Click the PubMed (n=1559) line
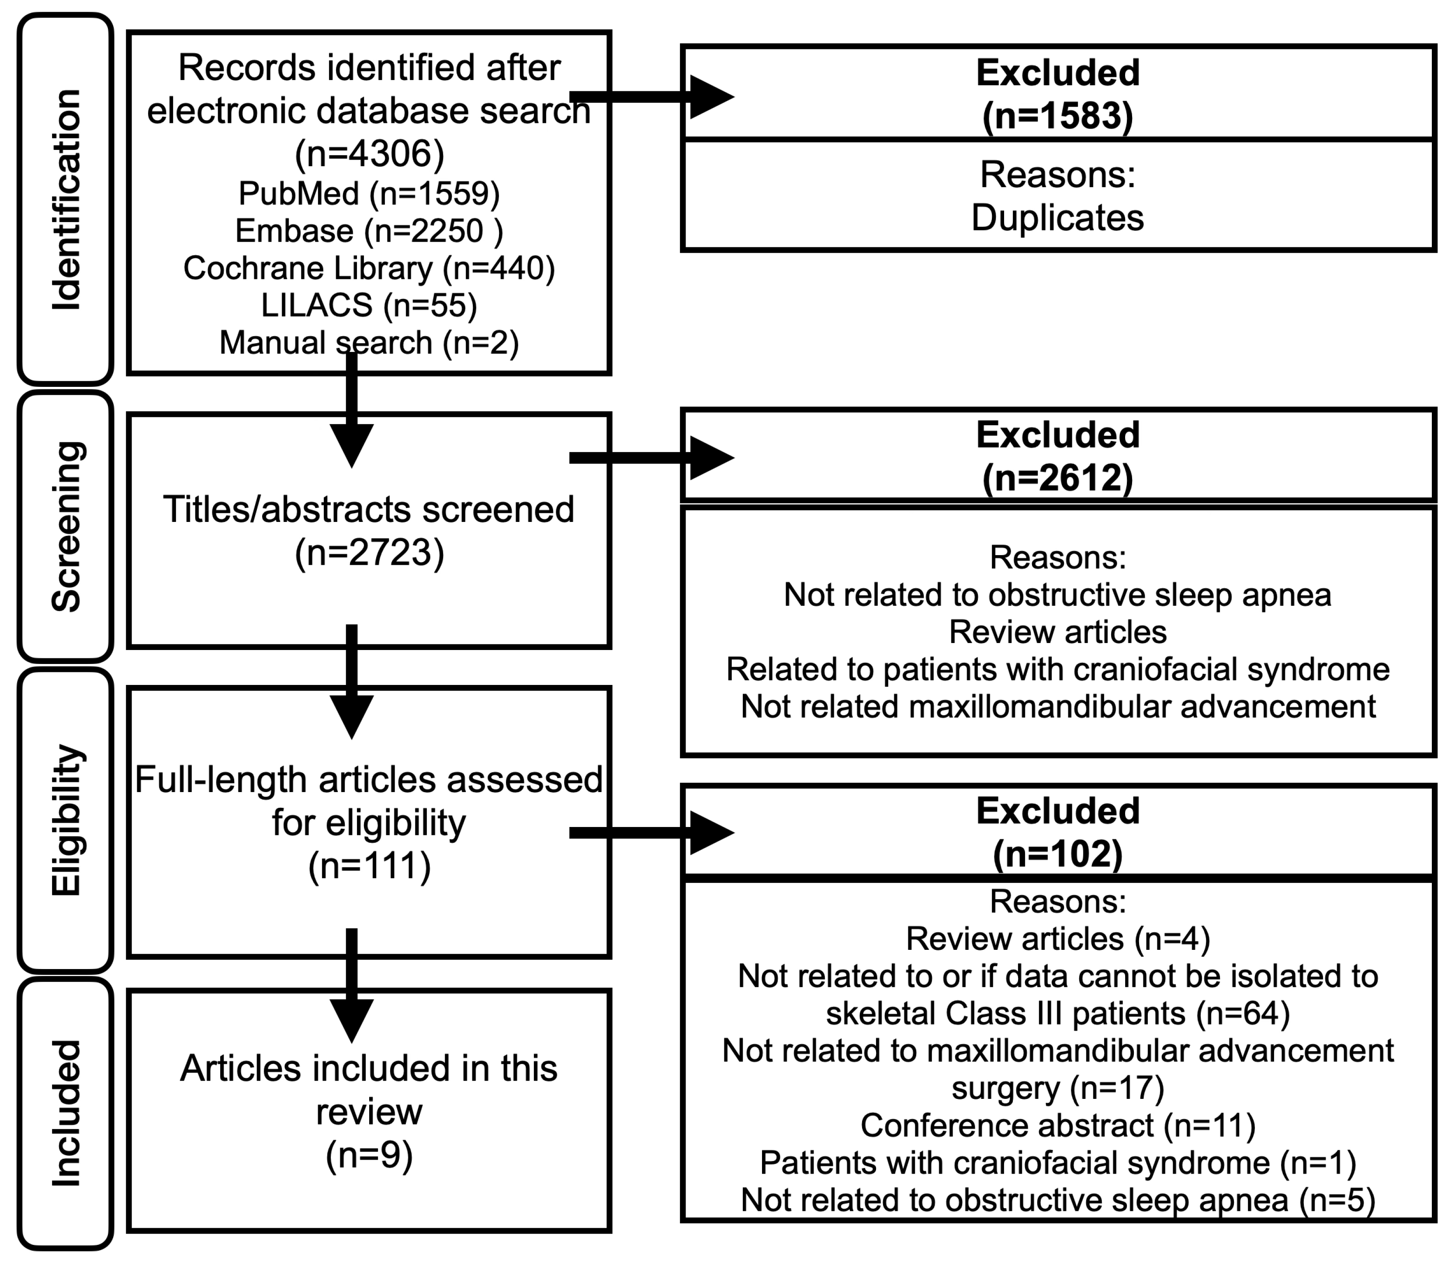point(369,193)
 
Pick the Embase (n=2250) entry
point(369,231)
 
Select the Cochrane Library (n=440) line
point(369,268)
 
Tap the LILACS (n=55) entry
point(369,305)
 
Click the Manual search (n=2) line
point(369,342)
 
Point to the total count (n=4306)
point(369,153)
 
